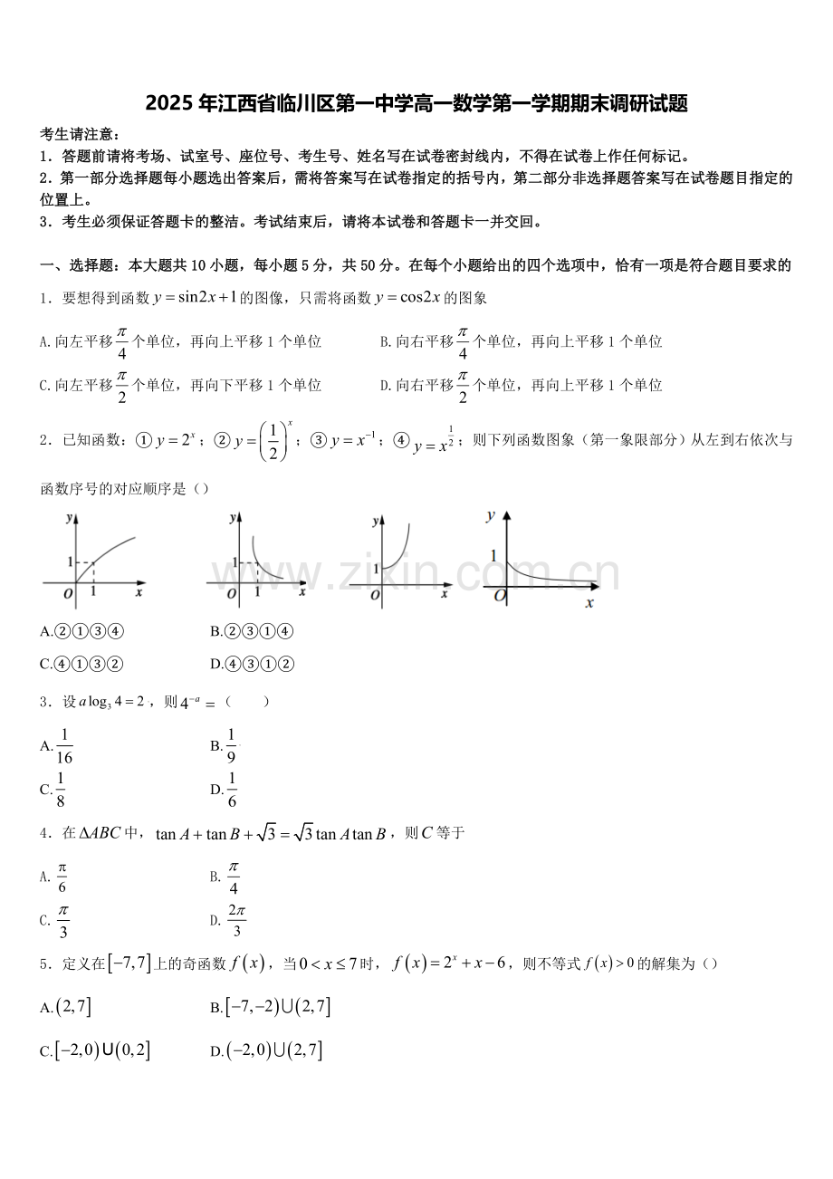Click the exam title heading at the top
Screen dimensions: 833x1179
416,104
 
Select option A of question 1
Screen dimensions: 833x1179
181,342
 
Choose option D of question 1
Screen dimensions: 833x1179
521,386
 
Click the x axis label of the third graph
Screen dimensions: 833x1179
445,594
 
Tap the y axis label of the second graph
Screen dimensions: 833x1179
233,517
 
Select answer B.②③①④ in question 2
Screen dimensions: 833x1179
251,631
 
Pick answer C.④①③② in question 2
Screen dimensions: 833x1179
81,664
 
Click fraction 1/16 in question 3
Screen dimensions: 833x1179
64,746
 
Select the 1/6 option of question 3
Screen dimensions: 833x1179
232,790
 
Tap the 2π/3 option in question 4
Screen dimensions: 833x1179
236,921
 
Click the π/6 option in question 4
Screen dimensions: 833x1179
62,877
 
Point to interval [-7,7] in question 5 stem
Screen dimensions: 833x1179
129,964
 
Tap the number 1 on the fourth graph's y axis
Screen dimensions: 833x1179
493,556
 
